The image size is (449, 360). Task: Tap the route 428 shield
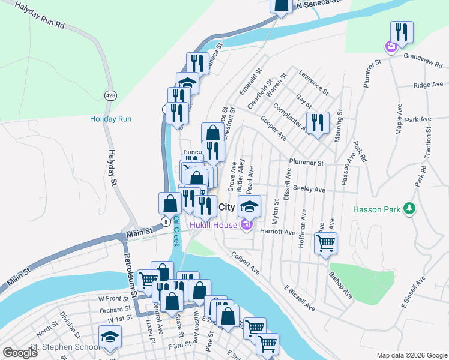point(110,95)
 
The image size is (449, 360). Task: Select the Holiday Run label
point(110,119)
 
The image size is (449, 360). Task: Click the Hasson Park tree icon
point(409,208)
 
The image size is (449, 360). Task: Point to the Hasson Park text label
point(376,209)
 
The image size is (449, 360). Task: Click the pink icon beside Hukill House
point(244,226)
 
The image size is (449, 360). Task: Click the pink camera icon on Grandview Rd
point(391,46)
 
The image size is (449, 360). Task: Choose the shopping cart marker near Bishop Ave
point(325,244)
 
